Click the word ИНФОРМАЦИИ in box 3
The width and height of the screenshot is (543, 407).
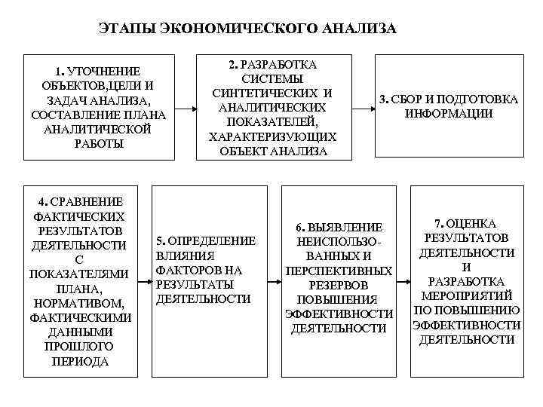(448, 114)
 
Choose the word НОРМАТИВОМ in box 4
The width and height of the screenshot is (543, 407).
(79, 302)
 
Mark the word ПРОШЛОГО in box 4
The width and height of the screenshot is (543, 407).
(79, 346)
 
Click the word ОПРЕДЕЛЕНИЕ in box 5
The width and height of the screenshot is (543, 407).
(212, 240)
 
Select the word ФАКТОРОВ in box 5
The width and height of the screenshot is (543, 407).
(189, 270)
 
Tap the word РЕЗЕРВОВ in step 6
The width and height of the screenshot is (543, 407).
(339, 286)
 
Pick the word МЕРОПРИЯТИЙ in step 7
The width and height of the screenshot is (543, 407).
(467, 296)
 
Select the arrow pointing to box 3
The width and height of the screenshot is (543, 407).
(367, 106)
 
